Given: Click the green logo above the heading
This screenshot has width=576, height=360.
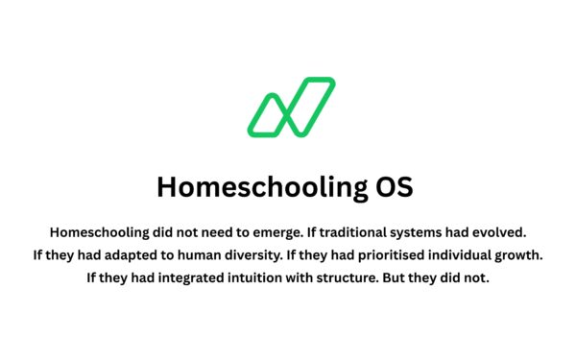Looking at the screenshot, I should click(291, 107).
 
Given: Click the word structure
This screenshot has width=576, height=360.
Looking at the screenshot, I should click(354, 279).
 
